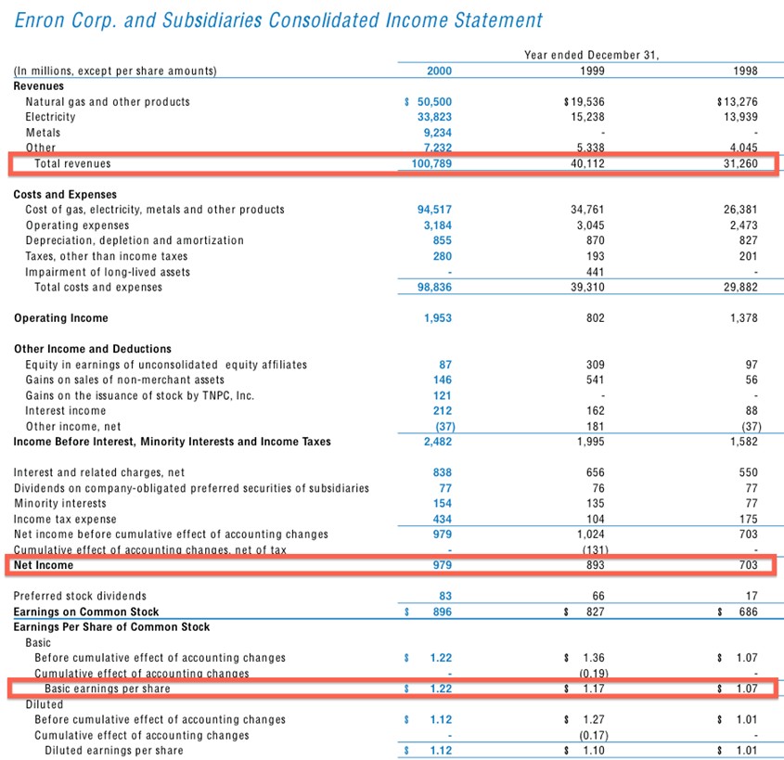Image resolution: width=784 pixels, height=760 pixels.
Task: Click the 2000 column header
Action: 439,71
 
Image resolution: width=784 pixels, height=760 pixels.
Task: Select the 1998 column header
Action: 744,71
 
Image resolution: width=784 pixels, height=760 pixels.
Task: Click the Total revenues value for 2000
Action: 431,164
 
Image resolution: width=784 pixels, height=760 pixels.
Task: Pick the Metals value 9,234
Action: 437,133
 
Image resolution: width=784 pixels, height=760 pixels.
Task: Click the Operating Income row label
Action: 60,318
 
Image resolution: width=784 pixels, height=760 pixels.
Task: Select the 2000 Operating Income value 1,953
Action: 437,318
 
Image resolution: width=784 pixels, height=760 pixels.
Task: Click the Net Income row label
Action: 43,565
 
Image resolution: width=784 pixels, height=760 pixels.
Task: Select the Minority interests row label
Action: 59,504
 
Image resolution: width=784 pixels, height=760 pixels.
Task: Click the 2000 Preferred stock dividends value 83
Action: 444,596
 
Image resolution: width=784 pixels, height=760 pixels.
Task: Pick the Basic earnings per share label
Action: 108,689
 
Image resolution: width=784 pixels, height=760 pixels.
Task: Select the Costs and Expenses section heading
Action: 65,195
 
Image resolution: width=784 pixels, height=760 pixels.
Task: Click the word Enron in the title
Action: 40,20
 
